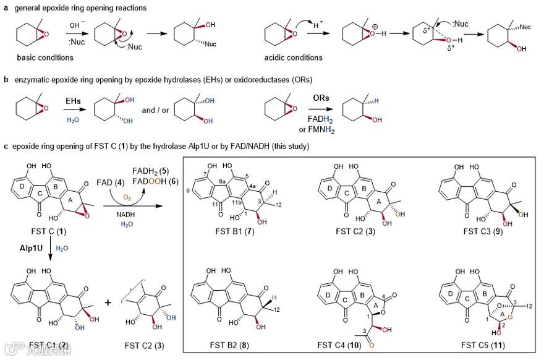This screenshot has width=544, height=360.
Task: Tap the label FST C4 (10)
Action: (x=354, y=345)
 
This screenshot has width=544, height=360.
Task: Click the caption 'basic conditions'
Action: (x=46, y=58)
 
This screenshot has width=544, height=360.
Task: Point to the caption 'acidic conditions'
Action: (x=295, y=58)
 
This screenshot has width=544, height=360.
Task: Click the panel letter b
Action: (x=6, y=79)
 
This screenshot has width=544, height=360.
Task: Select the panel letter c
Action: (x=6, y=146)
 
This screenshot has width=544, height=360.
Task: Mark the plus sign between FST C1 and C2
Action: (x=109, y=303)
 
